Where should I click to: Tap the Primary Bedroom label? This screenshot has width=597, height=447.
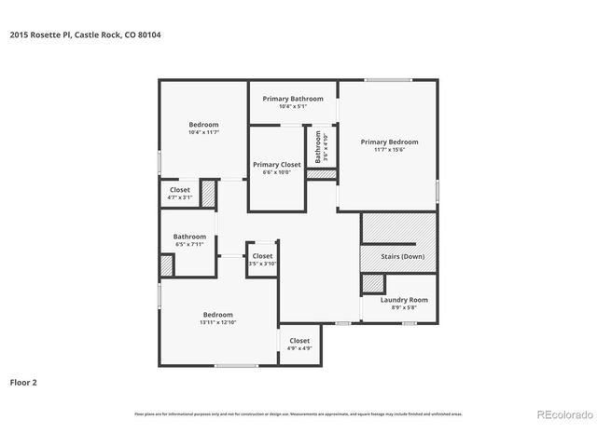point(389,142)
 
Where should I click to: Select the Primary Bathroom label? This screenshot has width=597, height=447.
point(293,99)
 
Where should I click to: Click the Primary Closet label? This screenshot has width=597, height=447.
point(276,164)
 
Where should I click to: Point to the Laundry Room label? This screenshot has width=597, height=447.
point(404,299)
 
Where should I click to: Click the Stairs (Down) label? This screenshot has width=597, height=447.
point(403,256)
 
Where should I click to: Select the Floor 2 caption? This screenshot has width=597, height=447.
point(23,382)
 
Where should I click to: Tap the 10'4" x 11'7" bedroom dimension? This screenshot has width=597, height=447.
point(203,132)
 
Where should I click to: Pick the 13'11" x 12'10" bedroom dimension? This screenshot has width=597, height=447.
point(217,322)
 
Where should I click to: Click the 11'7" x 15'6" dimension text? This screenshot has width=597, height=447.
point(389,150)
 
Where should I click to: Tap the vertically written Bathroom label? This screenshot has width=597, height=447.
point(317,146)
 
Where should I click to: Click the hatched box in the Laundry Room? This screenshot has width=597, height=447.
point(373,285)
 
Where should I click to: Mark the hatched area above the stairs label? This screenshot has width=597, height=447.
point(398,229)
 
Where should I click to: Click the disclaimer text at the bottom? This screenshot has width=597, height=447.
point(298,413)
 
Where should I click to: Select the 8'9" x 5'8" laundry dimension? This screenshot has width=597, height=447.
point(404,307)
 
